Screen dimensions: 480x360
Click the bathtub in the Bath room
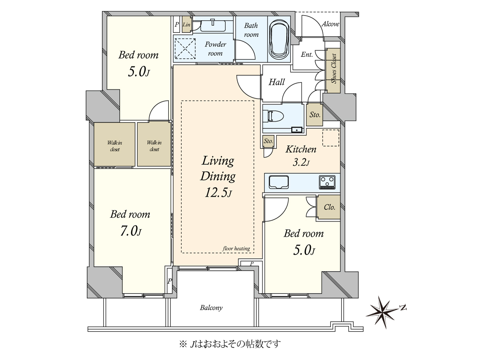pos(280,40)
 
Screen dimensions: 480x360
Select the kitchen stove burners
pos(327,182)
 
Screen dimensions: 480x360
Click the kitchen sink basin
pos(278,182)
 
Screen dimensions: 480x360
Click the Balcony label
pos(211,308)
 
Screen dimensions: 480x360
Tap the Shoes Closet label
pos(334,69)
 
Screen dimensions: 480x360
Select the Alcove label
pos(330,24)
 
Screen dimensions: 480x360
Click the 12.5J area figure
pos(218,193)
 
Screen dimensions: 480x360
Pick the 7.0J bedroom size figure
pos(131,231)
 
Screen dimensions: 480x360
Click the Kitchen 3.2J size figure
pos(301,163)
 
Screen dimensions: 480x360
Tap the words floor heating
pos(236,248)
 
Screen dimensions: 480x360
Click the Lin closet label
pos(186,24)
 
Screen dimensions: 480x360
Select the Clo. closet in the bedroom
pos(329,207)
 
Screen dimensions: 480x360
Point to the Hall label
pos(276,82)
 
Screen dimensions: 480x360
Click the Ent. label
pos(306,54)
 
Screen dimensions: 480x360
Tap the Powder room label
pos(215,49)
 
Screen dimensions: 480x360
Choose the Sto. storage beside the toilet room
pos(315,115)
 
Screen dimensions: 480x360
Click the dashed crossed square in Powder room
pos(185,48)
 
